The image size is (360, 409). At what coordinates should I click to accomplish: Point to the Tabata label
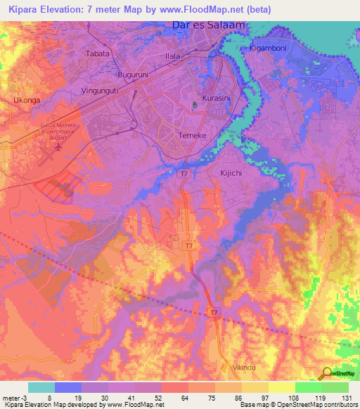(97, 53)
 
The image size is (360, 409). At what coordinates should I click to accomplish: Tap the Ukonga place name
(27, 100)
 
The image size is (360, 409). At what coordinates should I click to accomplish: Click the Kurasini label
(217, 98)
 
